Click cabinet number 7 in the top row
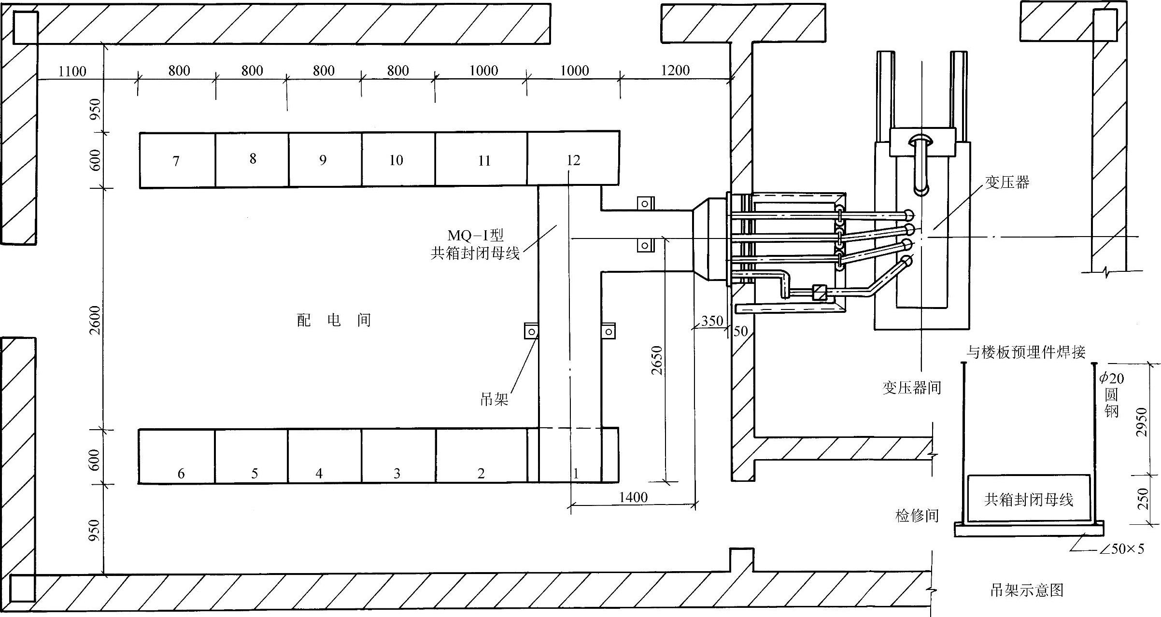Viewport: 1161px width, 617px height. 176,161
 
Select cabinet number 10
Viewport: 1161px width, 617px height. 396,160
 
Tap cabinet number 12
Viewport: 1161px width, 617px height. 573,160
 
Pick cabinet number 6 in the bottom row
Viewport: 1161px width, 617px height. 181,473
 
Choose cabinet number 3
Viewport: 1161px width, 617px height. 397,473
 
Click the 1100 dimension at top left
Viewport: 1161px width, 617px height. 72,71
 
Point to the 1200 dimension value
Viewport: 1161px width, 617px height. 675,70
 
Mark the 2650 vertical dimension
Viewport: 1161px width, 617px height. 656,360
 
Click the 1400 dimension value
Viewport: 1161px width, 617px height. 633,497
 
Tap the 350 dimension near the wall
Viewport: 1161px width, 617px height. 712,321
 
